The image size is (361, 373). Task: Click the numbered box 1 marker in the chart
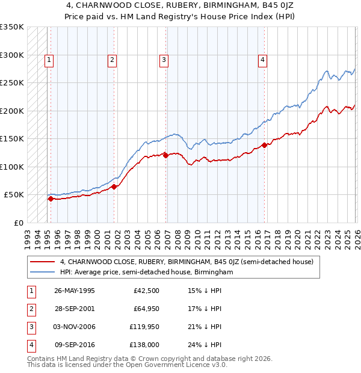[x=49, y=59]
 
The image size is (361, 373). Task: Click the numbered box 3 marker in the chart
[x=164, y=59]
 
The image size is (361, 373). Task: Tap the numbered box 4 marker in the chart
[x=263, y=59]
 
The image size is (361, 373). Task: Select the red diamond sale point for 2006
[x=165, y=155]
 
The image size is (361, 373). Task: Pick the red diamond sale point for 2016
[x=264, y=145]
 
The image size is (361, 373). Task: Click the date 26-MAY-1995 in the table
[x=75, y=291]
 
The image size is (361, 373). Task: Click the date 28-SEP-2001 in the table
[x=75, y=309]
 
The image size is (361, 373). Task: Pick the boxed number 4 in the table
[x=31, y=345]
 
